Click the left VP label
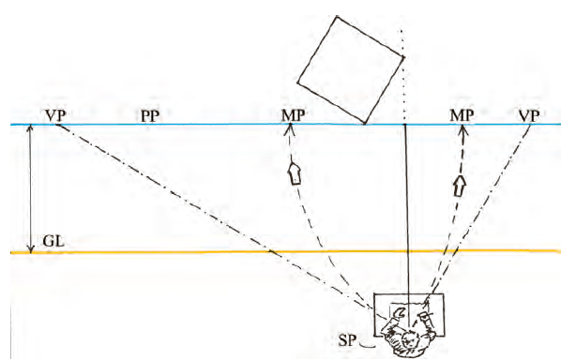(55, 115)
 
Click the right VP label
(529, 116)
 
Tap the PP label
(150, 116)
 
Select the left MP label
(293, 115)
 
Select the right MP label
(462, 115)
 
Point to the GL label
(53, 241)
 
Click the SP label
(347, 340)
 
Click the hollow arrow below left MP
(295, 173)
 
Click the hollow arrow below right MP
(459, 187)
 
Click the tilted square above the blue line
(351, 69)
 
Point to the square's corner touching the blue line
(365, 124)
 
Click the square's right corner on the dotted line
(404, 57)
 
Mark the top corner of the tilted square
(337, 16)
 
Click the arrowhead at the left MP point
(291, 127)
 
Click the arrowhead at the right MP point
(462, 128)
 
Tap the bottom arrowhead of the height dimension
(31, 249)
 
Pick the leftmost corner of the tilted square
(297, 82)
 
